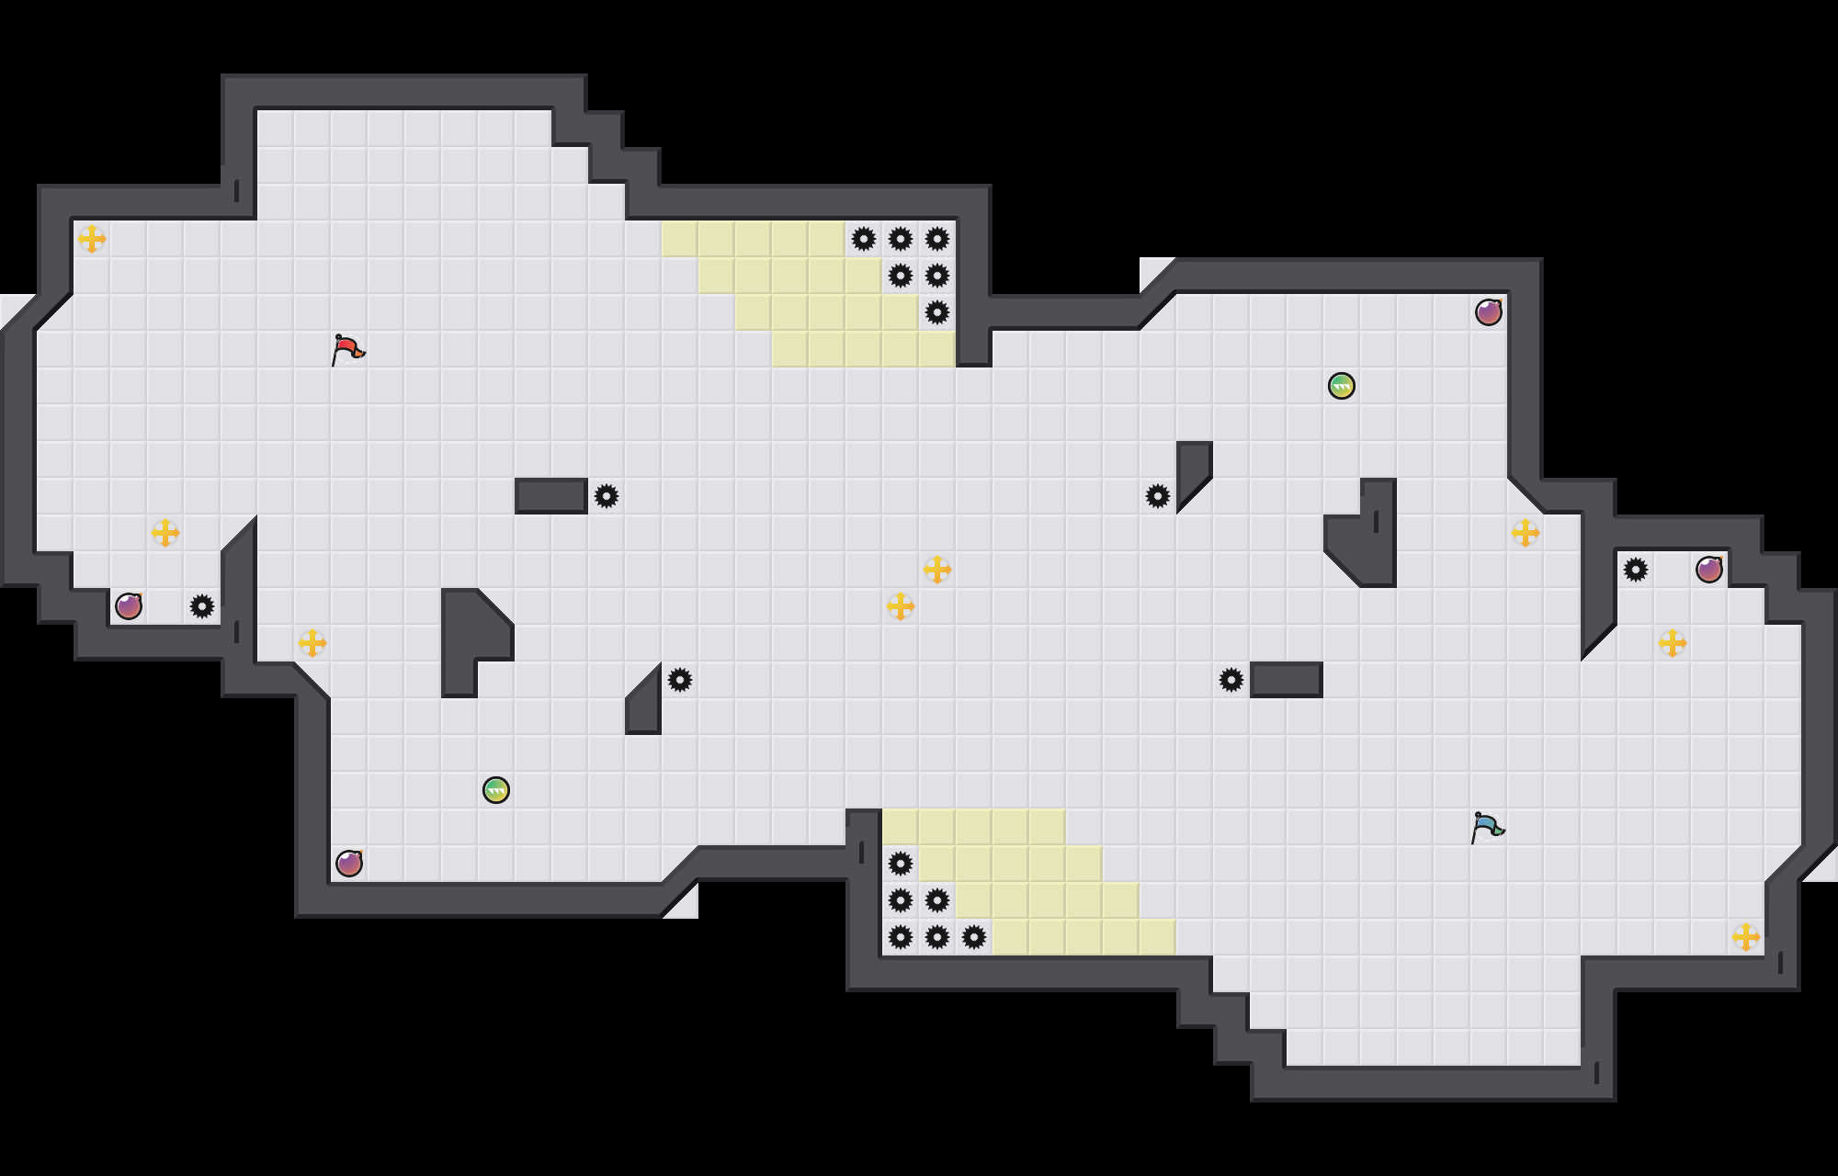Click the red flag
(347, 350)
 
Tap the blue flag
(1487, 828)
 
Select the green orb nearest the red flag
(496, 790)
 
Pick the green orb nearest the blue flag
(1342, 386)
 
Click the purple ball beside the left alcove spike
(129, 606)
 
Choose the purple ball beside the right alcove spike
(1709, 570)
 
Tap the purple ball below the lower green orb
(349, 864)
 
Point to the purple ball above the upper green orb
(1489, 312)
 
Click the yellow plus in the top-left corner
(92, 239)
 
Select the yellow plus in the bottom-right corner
(1746, 937)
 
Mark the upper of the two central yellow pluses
(937, 570)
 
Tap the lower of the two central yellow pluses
(901, 606)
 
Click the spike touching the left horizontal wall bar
(607, 496)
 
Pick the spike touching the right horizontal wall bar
(1231, 680)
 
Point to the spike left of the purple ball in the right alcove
(1636, 570)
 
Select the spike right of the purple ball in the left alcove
(202, 606)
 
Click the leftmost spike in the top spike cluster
(864, 239)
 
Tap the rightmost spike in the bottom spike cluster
(974, 937)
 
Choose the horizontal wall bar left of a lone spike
(551, 496)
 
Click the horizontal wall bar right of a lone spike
(1287, 680)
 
